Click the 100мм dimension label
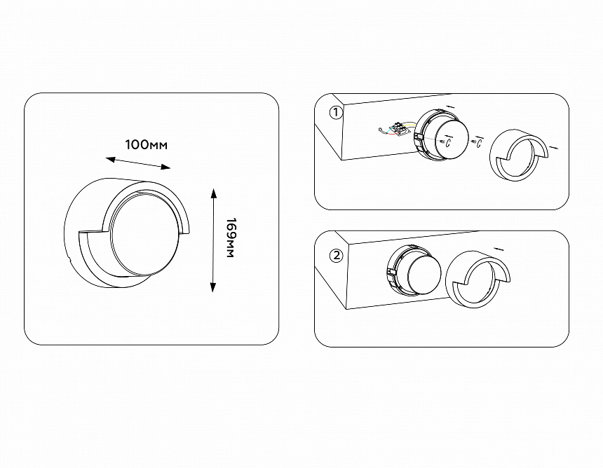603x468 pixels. tap(146, 145)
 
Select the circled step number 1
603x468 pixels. tap(336, 113)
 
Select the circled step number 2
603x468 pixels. tap(336, 256)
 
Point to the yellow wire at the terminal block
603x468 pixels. tap(412, 125)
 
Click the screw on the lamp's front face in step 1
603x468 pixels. tap(443, 142)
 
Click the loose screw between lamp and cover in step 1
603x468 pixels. tap(474, 142)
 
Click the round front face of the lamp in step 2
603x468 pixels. tap(424, 273)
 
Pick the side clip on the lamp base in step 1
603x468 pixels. tap(419, 137)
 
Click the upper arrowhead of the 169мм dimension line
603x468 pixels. tap(214, 193)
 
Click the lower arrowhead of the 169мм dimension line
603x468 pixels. tap(212, 287)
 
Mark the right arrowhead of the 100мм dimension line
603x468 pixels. tap(165, 167)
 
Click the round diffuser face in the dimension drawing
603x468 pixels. tap(145, 233)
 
